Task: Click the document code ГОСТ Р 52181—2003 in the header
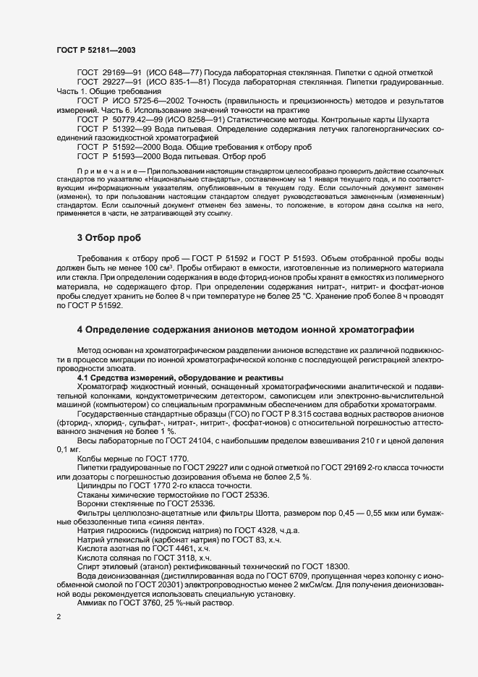click(95, 50)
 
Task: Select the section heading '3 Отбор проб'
click(110, 237)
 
